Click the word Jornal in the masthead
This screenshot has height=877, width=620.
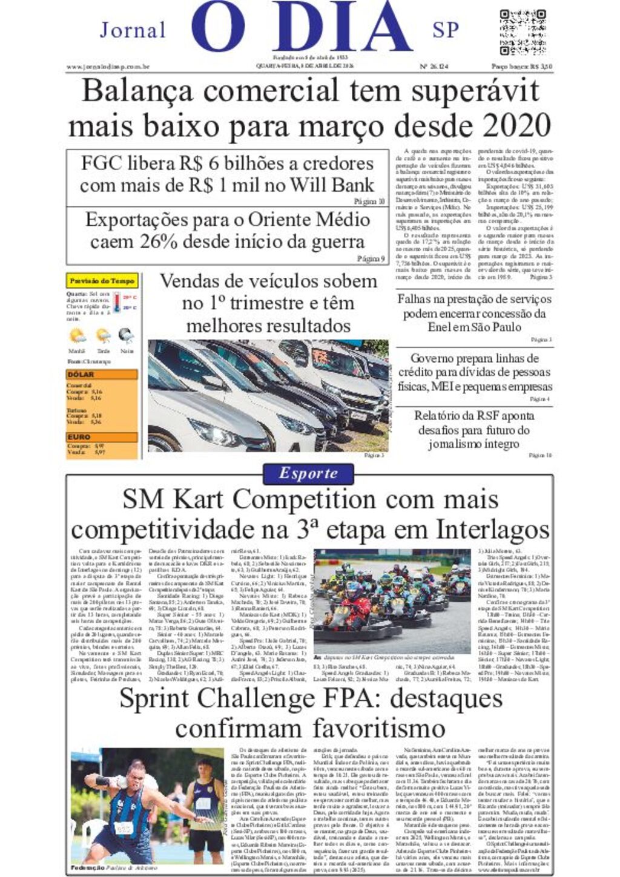[x=133, y=30]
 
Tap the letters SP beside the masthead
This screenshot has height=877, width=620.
[x=446, y=30]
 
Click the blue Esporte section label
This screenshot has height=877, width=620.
[x=308, y=473]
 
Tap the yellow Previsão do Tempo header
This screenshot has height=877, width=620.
[x=102, y=281]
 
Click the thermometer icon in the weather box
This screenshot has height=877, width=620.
[x=116, y=302]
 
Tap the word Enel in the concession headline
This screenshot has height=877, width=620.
[x=441, y=327]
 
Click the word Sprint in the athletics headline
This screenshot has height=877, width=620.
[x=154, y=698]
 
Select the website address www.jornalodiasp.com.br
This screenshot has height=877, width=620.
[x=108, y=67]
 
